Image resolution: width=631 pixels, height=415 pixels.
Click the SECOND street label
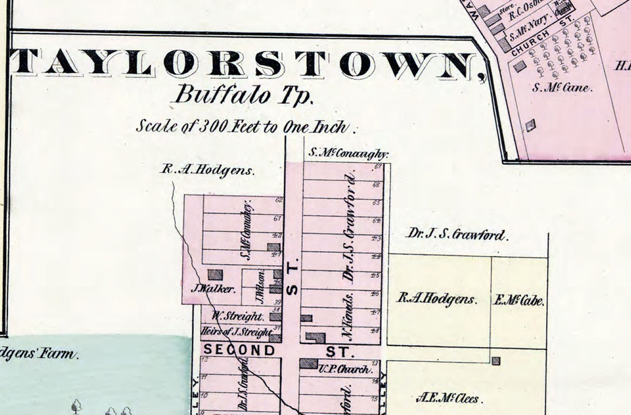(x=239, y=350)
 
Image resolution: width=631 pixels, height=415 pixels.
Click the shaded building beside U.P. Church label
(x=308, y=363)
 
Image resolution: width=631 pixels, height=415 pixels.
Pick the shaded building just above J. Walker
(x=215, y=275)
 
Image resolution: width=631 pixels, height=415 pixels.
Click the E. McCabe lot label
(x=518, y=301)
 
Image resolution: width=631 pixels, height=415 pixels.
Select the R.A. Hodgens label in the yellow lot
(x=437, y=299)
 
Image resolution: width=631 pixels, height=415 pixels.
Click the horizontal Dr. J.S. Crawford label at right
(x=456, y=235)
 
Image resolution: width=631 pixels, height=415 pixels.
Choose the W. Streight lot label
(x=237, y=316)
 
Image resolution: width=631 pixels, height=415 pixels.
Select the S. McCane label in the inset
(x=562, y=87)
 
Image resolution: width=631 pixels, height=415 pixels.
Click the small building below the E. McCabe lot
(x=496, y=360)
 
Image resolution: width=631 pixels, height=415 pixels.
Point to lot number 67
(x=378, y=167)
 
